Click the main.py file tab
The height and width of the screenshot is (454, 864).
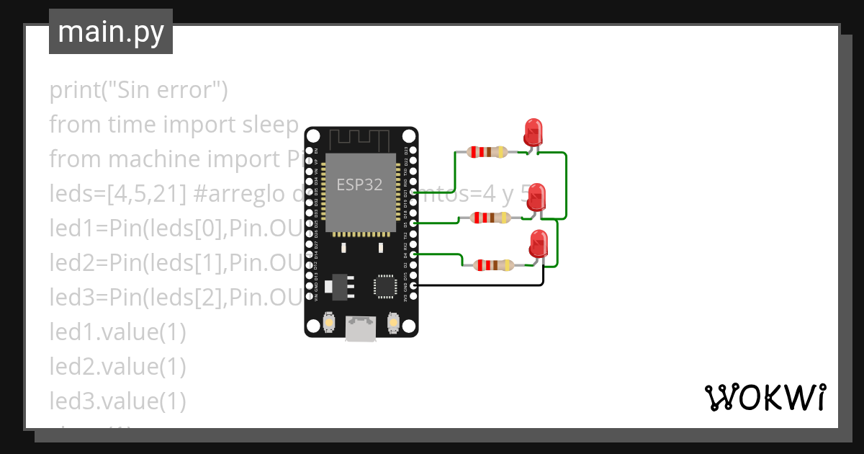click(x=110, y=32)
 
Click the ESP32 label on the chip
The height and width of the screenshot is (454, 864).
click(x=359, y=184)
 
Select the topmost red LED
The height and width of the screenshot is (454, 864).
click(x=533, y=132)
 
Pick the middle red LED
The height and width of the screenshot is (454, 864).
click(x=536, y=197)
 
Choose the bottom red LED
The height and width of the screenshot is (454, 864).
click(x=538, y=244)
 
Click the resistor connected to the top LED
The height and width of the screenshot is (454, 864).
click(x=487, y=152)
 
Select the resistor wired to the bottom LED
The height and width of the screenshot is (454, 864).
click(x=493, y=265)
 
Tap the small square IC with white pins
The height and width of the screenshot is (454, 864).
click(x=384, y=286)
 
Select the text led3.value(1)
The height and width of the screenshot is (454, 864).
click(x=117, y=400)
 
